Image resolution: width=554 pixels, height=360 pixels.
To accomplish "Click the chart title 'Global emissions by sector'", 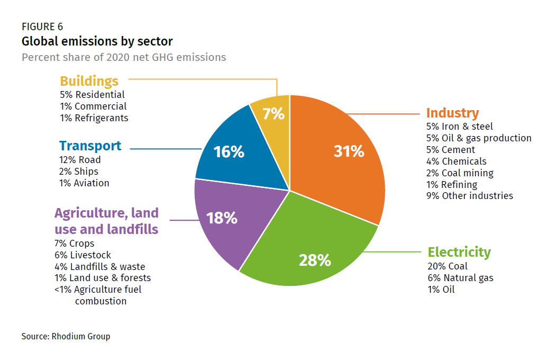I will [x=97, y=41].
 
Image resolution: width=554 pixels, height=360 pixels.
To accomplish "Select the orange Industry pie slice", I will [x=339, y=159].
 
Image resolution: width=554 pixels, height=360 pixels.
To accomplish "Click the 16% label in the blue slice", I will [x=229, y=152].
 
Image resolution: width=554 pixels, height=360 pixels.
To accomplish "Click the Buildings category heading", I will [x=89, y=81].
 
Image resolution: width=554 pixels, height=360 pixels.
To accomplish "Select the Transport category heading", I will [x=90, y=146].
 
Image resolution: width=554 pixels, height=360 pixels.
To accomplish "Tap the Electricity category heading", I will [x=459, y=252].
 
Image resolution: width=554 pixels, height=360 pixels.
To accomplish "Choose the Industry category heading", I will [x=452, y=113].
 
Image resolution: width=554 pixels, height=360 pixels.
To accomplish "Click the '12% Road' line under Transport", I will [x=80, y=160].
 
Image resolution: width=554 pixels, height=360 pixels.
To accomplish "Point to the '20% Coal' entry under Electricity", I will [x=448, y=266].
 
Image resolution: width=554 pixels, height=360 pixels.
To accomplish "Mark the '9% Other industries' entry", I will [x=469, y=196].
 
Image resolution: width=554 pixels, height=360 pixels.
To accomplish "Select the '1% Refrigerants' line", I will [x=94, y=118].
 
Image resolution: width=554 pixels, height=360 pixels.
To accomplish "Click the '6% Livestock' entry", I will [x=83, y=255].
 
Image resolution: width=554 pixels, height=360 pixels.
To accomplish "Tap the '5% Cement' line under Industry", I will [x=450, y=150].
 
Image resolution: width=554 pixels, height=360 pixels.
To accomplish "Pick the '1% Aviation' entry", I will [x=85, y=183].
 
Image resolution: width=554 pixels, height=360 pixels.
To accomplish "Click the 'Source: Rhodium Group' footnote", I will [x=66, y=336].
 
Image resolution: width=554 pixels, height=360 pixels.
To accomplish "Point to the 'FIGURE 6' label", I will [x=42, y=27].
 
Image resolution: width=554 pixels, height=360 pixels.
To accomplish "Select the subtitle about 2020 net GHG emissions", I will [x=124, y=57].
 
